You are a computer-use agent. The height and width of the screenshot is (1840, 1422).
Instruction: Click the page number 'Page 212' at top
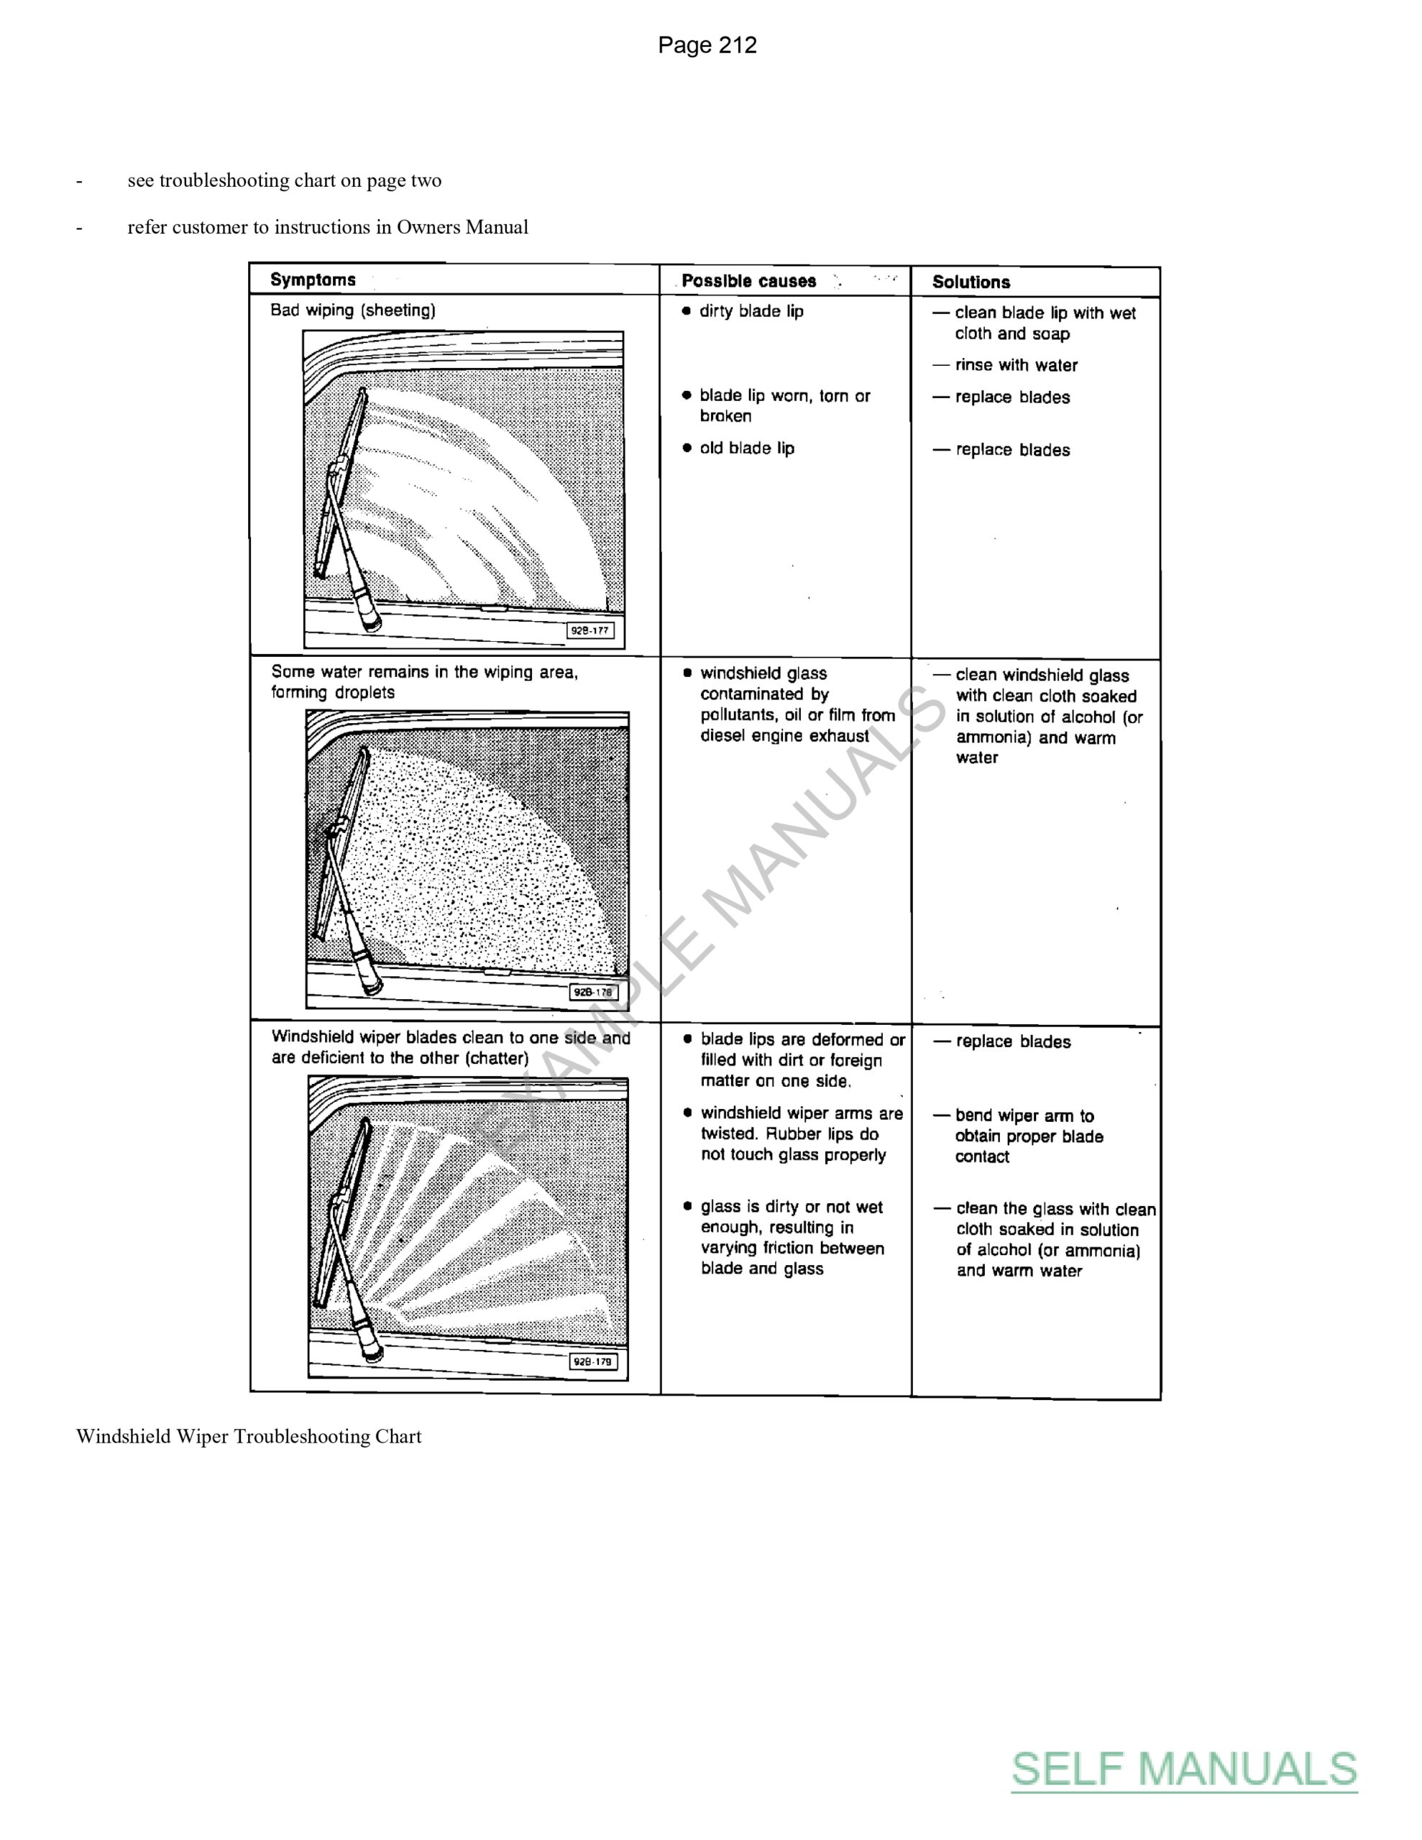(x=707, y=45)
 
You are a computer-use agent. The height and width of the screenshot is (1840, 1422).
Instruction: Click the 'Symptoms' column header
(x=313, y=280)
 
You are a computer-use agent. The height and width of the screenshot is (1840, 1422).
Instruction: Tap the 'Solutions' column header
(x=971, y=282)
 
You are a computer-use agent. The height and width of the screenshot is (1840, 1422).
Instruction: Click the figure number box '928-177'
(x=590, y=630)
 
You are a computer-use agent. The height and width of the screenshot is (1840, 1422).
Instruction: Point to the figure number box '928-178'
(x=593, y=992)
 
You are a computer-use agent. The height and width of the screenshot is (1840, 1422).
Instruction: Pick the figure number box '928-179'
(x=592, y=1361)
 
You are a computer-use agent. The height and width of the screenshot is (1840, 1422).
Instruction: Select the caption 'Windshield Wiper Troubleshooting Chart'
(x=249, y=1437)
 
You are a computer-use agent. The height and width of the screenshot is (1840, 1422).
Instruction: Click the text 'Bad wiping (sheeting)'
(x=352, y=310)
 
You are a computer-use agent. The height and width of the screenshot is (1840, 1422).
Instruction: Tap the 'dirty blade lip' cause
(x=751, y=311)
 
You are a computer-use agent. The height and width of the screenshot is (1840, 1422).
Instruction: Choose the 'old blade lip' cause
(x=747, y=448)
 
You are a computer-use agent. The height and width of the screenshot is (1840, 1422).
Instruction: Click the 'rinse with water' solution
(x=1016, y=365)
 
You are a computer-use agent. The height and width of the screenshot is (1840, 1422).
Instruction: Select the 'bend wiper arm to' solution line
(x=1024, y=1115)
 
